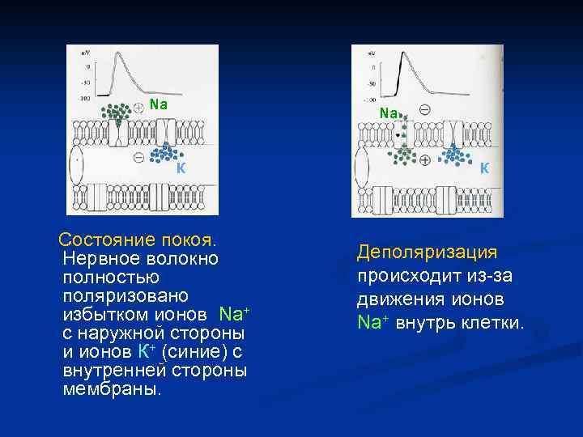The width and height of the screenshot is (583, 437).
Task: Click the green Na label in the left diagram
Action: pyautogui.click(x=159, y=104)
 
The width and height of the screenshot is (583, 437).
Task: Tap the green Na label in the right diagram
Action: pyautogui.click(x=388, y=113)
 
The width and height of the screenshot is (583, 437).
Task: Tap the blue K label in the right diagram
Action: pyautogui.click(x=483, y=168)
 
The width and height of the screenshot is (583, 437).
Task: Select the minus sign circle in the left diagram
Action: pyautogui.click(x=138, y=157)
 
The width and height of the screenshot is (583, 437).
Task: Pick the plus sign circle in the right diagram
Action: pyautogui.click(x=425, y=160)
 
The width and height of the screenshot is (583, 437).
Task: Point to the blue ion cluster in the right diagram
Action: pyautogui.click(x=455, y=153)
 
